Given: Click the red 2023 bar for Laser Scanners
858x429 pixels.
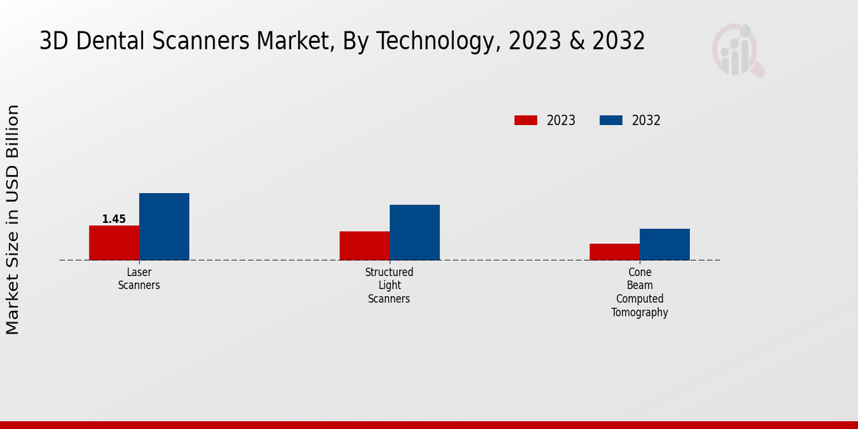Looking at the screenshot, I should pos(114,242).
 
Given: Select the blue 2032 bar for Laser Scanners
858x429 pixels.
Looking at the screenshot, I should pos(164,226).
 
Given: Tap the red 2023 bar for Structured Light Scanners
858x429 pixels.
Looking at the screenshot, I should pos(365,245).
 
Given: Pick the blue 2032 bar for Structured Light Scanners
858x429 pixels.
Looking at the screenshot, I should pos(415,232).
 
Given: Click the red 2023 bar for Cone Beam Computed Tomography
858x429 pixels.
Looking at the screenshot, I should pos(614,252).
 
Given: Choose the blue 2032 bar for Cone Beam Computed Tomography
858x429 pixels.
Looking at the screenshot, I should pos(664,244).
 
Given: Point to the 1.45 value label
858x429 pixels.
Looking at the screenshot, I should pos(114,219).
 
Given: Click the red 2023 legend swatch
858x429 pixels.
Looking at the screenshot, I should pos(526,120).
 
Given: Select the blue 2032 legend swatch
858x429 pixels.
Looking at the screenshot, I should pos(611,120).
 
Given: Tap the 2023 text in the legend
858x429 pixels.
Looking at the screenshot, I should pos(561,120).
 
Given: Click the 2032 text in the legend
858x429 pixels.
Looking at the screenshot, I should pos(646,120).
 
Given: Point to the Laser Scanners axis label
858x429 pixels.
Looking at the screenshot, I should pos(139,279).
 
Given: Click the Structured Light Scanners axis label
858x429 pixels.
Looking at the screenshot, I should pos(389,285).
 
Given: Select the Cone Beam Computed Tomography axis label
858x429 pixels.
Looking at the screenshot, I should pos(639,292).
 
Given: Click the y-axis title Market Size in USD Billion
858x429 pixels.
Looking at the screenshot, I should pos(13,219).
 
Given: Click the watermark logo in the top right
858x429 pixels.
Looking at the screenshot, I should pos(737,50).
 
